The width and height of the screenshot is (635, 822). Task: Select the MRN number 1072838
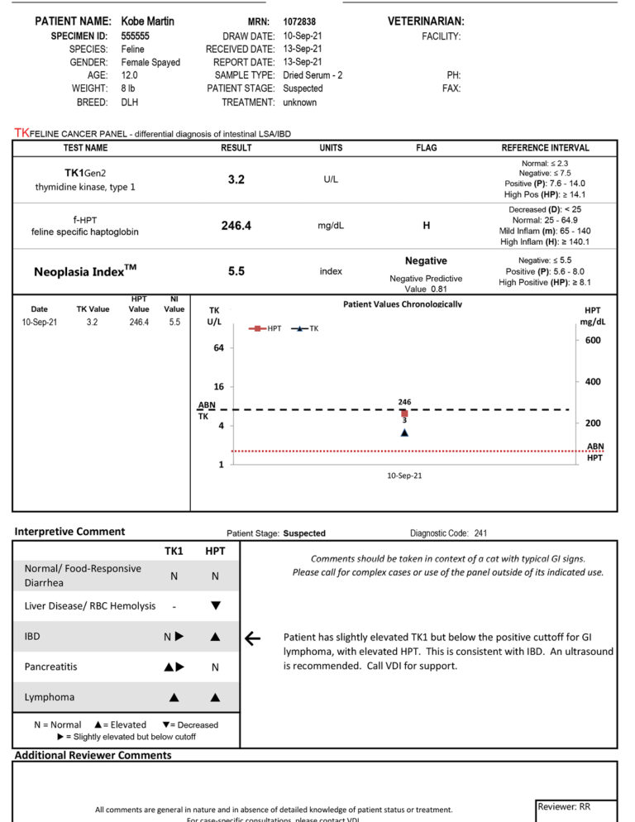pyautogui.click(x=299, y=22)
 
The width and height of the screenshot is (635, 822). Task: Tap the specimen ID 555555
pyautogui.click(x=135, y=36)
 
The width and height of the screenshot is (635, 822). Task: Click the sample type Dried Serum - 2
pyautogui.click(x=313, y=75)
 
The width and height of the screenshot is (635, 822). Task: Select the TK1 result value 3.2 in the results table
pyautogui.click(x=236, y=179)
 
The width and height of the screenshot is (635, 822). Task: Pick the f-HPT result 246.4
pyautogui.click(x=236, y=226)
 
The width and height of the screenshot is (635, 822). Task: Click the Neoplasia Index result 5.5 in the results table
pyautogui.click(x=236, y=271)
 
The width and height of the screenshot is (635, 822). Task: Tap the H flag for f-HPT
pyautogui.click(x=426, y=226)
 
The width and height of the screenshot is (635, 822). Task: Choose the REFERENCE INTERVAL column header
pyautogui.click(x=545, y=148)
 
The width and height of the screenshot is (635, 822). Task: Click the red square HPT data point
pyautogui.click(x=404, y=413)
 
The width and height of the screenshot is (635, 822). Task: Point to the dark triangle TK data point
pyautogui.click(x=404, y=433)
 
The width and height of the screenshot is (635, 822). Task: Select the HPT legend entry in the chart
pyautogui.click(x=269, y=328)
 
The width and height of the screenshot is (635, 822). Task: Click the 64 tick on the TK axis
pyautogui.click(x=218, y=348)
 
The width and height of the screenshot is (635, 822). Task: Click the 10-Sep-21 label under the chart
pyautogui.click(x=404, y=476)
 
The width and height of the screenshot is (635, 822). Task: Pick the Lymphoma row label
pyautogui.click(x=49, y=697)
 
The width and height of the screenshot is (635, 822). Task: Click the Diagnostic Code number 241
pyautogui.click(x=481, y=533)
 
